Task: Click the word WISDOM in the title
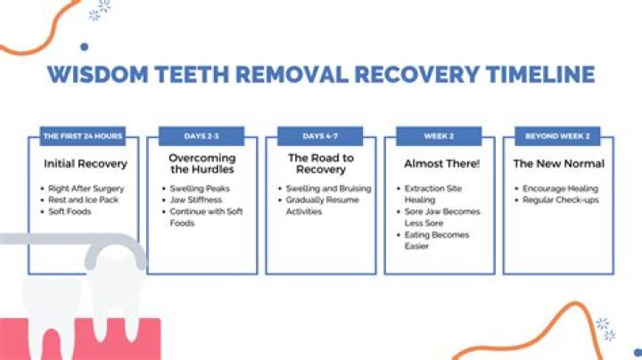[x=97, y=74]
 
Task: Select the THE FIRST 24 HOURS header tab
[x=83, y=136]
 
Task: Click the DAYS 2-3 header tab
[x=202, y=136]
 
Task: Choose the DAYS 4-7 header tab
[x=320, y=136]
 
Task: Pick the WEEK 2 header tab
[x=439, y=136]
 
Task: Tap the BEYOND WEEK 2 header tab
[x=557, y=136]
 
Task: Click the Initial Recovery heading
[x=86, y=164]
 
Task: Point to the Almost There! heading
[x=441, y=164]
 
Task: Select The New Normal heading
[x=559, y=164]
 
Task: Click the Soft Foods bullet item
[x=70, y=211]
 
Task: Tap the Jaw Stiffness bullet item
[x=196, y=200]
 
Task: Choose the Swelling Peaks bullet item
[x=200, y=189]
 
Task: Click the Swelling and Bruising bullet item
[x=328, y=189]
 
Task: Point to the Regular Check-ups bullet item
[x=561, y=200]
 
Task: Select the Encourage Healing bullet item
[x=561, y=189]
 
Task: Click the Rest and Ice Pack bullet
[x=83, y=200]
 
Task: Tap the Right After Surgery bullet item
[x=86, y=189]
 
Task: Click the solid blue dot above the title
[x=85, y=47]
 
